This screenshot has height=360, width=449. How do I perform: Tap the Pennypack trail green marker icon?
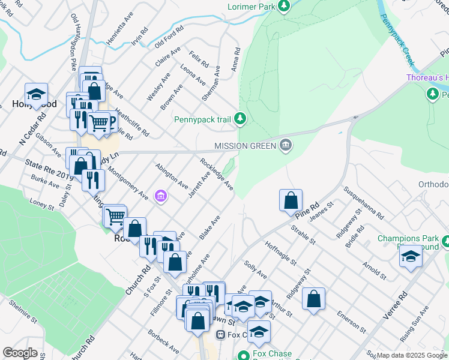click(x=240, y=119)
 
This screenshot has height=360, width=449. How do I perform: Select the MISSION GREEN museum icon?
click(x=286, y=145)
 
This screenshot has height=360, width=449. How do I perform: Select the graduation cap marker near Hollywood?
click(x=36, y=94)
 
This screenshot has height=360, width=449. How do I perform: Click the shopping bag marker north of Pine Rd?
click(x=291, y=200)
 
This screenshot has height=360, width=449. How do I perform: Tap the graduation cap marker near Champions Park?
click(x=411, y=256)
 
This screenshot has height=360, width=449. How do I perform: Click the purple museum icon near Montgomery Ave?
click(x=160, y=196)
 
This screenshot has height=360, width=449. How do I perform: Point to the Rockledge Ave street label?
click(x=217, y=174)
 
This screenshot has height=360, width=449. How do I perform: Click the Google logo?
click(x=20, y=353)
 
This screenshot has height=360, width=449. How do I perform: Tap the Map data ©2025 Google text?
click(x=411, y=356)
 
